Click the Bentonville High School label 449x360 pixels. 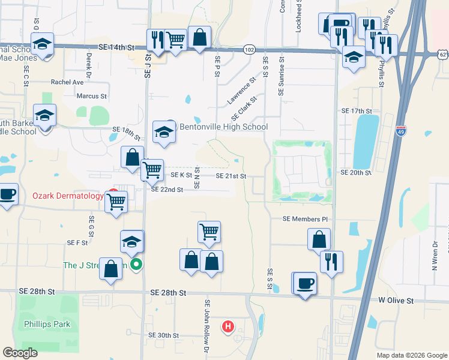223,127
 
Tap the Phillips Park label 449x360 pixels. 47,324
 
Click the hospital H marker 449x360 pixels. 228,327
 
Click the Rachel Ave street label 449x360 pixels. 67,82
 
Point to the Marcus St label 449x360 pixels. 91,96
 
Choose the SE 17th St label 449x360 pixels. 357,112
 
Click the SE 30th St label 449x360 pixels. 164,335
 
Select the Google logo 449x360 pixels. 20,353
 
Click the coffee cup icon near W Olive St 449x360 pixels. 306,283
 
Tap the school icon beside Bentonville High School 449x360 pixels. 164,133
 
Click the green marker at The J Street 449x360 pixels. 137,264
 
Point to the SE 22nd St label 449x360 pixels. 167,189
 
